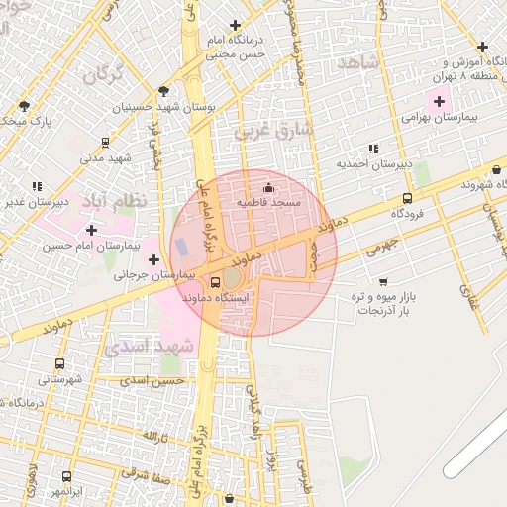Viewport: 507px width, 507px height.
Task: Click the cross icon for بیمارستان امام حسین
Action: (92, 230)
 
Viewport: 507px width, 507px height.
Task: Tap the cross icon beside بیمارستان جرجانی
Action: (153, 259)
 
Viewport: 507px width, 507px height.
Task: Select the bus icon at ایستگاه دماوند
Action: (217, 282)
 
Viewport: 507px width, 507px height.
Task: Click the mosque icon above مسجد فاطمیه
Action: (267, 188)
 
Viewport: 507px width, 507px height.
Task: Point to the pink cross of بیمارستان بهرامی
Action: (438, 101)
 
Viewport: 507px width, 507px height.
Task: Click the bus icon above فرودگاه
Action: (407, 199)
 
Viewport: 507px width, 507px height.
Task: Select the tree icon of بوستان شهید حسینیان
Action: (163, 91)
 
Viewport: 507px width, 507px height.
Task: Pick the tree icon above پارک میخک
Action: (23, 105)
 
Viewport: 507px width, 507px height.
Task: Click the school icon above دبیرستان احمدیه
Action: (372, 150)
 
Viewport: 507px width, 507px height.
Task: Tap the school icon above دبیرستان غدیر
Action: (37, 186)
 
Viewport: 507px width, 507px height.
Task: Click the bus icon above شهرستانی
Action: (61, 364)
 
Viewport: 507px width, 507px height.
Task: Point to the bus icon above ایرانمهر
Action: (66, 476)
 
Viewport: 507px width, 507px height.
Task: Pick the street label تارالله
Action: (150, 437)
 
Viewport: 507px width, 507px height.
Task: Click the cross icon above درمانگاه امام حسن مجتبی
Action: (235, 25)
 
